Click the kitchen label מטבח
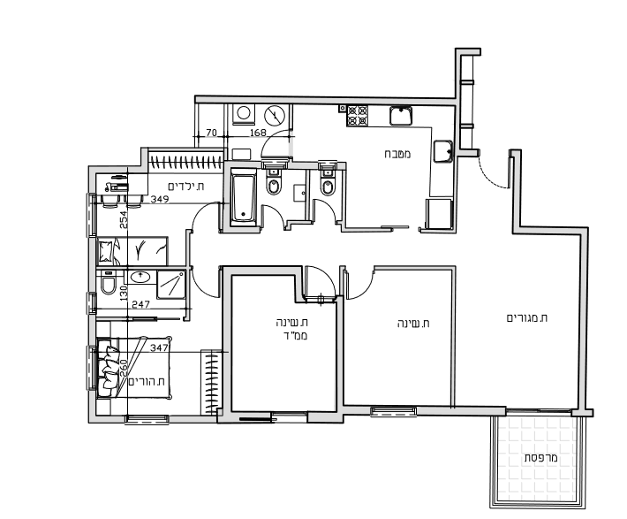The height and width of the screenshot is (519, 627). point(397,154)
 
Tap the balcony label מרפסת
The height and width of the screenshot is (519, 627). point(541,458)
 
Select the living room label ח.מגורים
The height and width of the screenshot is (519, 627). point(527,318)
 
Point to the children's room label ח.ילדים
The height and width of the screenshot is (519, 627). point(186,187)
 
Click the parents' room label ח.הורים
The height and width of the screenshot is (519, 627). point(147,381)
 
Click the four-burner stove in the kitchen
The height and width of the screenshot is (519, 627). point(357,115)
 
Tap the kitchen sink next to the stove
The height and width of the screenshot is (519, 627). point(401,116)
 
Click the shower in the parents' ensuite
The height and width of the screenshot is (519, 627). point(171,285)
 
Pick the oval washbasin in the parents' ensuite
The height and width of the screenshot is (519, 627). point(140,277)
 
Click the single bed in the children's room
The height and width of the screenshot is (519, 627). point(132,251)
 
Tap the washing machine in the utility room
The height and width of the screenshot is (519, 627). point(243,114)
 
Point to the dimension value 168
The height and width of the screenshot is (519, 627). point(258,133)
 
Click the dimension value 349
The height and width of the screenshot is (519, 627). point(160,199)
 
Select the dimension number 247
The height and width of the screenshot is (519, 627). point(140,304)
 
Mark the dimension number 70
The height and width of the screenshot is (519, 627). point(211,133)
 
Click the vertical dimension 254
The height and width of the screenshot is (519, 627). point(125,220)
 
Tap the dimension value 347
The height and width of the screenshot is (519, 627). point(159,347)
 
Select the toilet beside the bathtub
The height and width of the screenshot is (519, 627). point(274,182)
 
